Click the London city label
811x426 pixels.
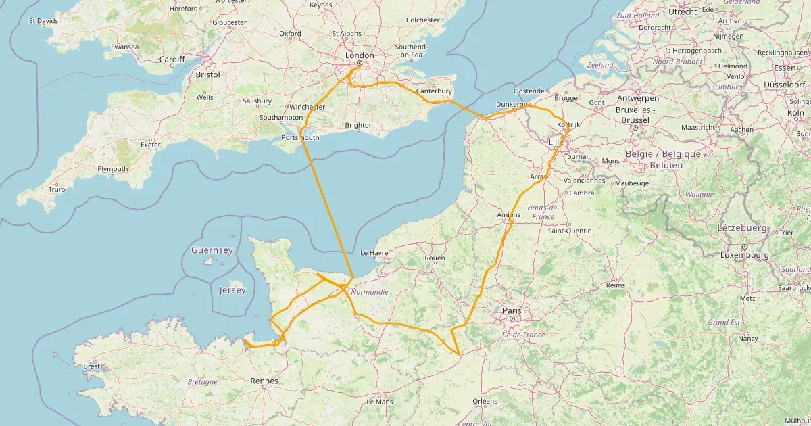pos(359,55)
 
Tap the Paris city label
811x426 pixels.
pos(512,310)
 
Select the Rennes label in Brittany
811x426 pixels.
pos(264,381)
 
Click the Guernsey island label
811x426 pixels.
pos(212,250)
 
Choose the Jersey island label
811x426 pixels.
pos(232,290)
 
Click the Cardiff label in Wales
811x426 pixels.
pos(172,60)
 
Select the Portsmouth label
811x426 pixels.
pos(300,138)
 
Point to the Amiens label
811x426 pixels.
pos(509,215)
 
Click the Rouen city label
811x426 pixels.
pos(435,258)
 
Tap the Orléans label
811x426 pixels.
pos(485,401)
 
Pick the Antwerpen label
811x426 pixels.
pos(637,97)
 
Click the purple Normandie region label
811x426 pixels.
pos(369,292)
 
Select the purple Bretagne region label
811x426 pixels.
pos(203,382)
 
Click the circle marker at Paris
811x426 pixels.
pos(512,318)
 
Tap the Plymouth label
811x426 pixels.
pos(112,169)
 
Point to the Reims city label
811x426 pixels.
pos(616,285)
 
